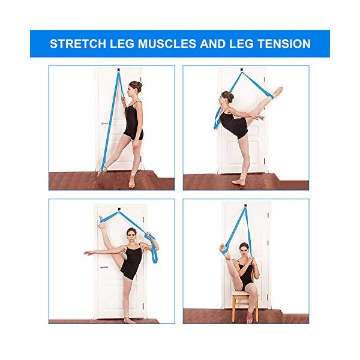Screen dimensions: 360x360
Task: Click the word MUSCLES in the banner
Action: [x=174, y=44]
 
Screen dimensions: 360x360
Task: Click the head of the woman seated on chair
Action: [x=244, y=248]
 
